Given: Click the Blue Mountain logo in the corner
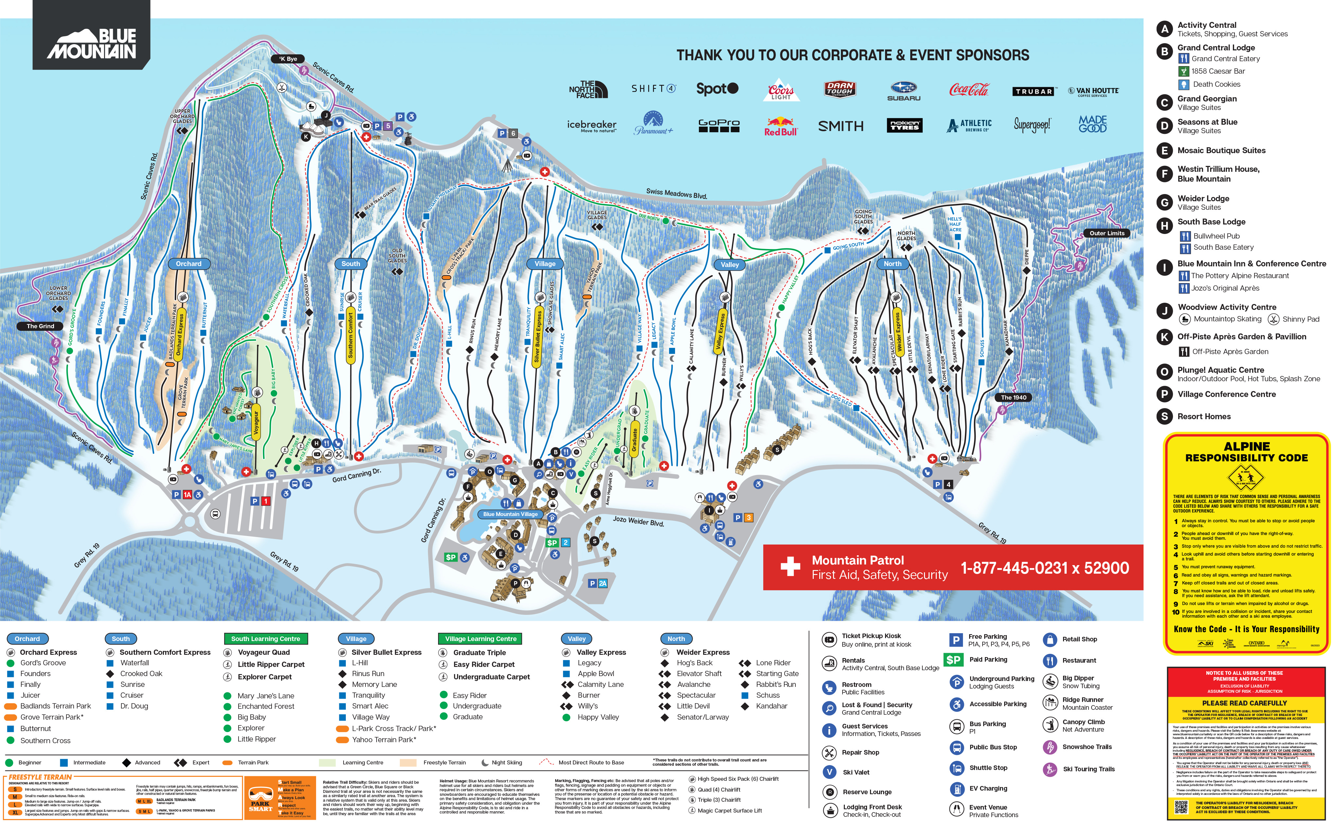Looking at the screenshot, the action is (x=91, y=44).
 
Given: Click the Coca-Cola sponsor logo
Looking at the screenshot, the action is (x=968, y=90).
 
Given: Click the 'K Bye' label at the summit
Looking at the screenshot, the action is (x=288, y=59).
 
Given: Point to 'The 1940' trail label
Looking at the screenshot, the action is (x=1013, y=397).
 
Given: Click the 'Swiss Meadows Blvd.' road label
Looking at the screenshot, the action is (x=676, y=193).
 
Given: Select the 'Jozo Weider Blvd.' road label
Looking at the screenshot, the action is (x=638, y=521).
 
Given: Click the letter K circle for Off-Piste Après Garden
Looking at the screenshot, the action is (x=1164, y=337).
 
